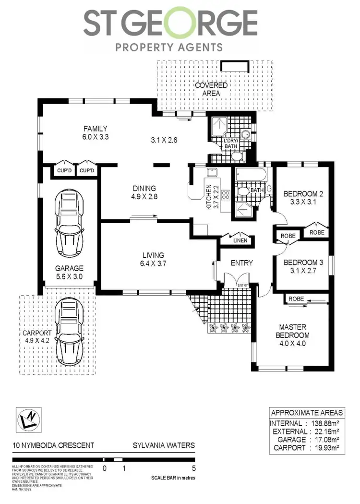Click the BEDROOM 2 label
pos(303,194)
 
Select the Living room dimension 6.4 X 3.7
pos(153,263)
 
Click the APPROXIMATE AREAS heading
pos(307,413)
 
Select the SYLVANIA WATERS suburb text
pos(163,445)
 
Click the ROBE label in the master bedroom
pos(296,299)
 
